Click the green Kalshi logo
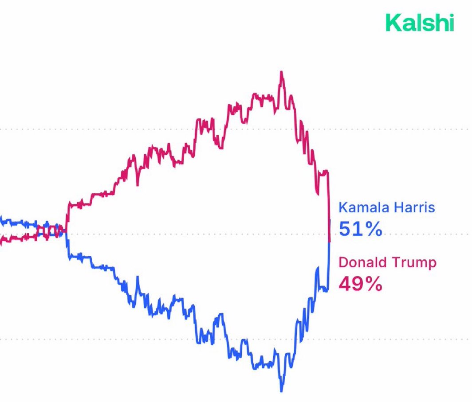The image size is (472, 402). pos(419,23)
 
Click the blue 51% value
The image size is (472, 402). pos(360,229)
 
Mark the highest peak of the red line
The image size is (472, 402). pos(281,72)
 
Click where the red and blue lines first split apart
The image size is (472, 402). pos(67,230)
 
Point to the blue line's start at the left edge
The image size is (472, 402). pos(1,219)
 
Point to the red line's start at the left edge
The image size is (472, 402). pos(1,242)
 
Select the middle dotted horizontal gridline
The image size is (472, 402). pos(177,234)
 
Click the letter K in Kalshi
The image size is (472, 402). pos(392,23)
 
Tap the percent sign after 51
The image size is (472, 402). pos(373,229)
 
